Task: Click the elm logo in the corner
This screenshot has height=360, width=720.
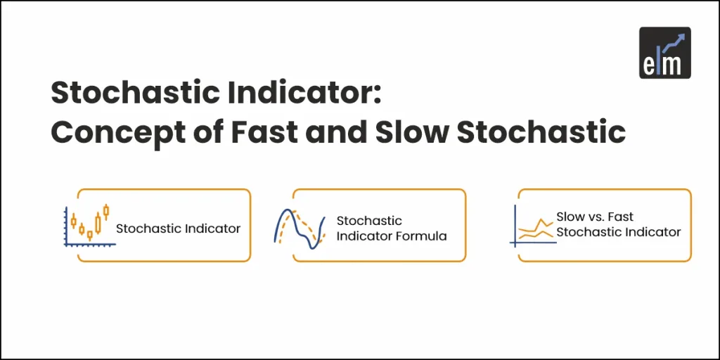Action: pos(664,53)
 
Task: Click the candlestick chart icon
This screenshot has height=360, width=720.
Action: pos(89,225)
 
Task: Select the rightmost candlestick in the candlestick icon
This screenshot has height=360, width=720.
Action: pos(106,210)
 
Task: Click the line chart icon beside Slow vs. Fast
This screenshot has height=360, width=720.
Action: pos(532,226)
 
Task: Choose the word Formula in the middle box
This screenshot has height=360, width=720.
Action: pos(421,236)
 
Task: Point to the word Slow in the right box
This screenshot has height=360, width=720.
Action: pos(570,217)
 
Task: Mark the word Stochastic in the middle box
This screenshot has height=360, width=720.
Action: pos(369,221)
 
